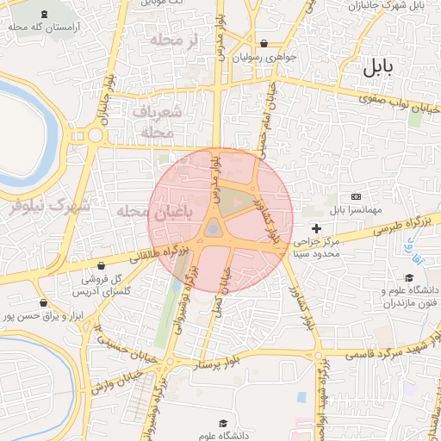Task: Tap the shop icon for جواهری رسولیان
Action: pos(264,43)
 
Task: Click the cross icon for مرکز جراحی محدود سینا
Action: pos(317,228)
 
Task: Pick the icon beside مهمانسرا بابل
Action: pos(356,197)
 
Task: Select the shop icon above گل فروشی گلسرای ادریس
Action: pos(102,266)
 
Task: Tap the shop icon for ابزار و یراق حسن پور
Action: pos(43,302)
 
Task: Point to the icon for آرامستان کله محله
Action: pos(44,15)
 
